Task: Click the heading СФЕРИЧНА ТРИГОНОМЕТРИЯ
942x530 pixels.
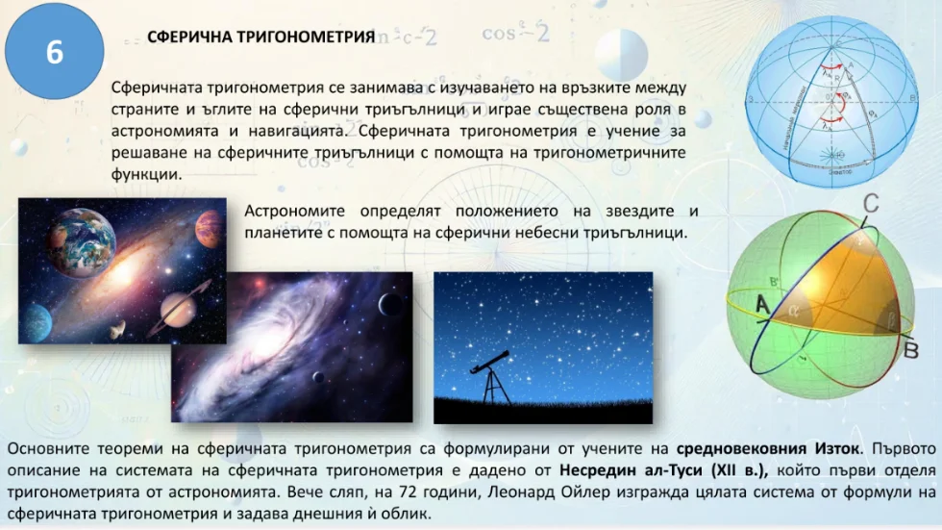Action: [260, 38]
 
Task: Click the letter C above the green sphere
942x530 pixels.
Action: [871, 205]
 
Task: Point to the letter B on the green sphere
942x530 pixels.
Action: [912, 349]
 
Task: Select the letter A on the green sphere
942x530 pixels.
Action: [763, 305]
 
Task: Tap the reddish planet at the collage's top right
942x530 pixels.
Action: [210, 230]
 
